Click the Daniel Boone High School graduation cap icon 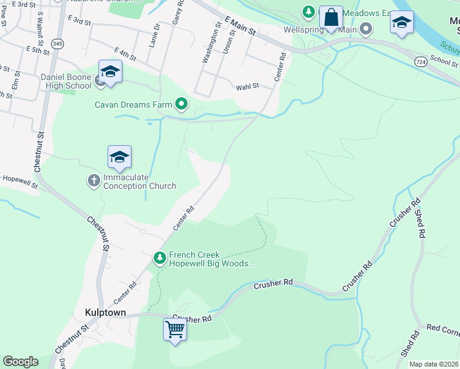pyautogui.click(x=110, y=72)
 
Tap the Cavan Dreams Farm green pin pyautogui.click(x=181, y=105)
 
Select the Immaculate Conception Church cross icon pyautogui.click(x=94, y=181)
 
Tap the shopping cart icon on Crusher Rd pyautogui.click(x=175, y=330)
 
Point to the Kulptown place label pyautogui.click(x=105, y=312)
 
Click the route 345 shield pyautogui.click(x=57, y=44)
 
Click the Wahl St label pyautogui.click(x=247, y=87)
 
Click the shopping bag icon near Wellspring pyautogui.click(x=331, y=18)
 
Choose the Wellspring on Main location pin pyautogui.click(x=367, y=29)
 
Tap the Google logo pyautogui.click(x=20, y=361)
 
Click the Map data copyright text pyautogui.click(x=434, y=364)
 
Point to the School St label pyautogui.click(x=444, y=62)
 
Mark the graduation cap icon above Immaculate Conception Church pyautogui.click(x=119, y=157)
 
